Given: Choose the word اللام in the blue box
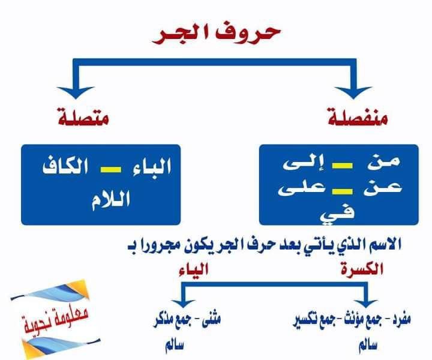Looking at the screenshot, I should point(105,197).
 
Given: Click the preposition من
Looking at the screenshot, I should point(386,163).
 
